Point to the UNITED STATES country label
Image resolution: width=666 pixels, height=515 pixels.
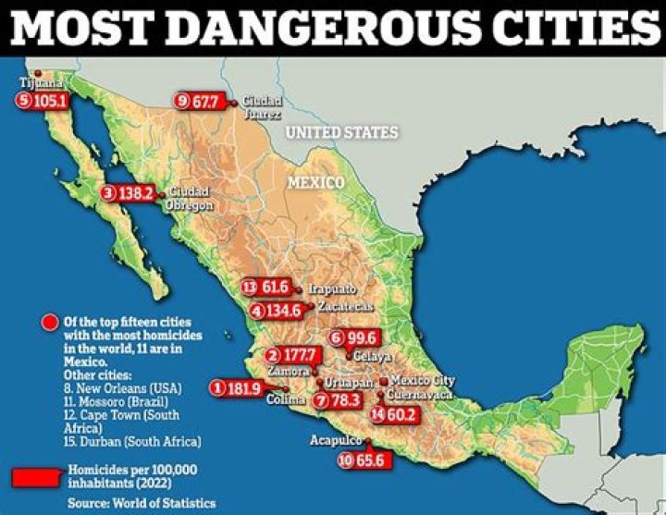click(x=341, y=133)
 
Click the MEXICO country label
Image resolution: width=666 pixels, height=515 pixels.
click(x=314, y=182)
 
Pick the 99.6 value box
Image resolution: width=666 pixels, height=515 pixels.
click(x=360, y=337)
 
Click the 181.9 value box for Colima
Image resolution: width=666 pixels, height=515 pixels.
click(x=240, y=388)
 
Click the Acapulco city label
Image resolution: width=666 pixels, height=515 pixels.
click(x=336, y=441)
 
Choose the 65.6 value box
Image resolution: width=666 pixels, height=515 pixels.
click(x=367, y=460)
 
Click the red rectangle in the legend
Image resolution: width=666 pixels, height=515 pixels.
click(x=37, y=476)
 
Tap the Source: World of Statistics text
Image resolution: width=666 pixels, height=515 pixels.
click(x=141, y=503)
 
